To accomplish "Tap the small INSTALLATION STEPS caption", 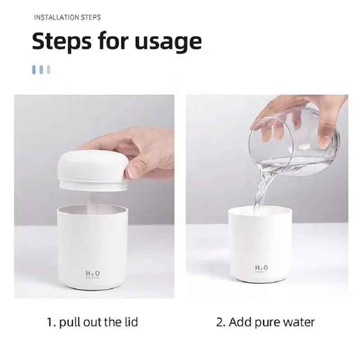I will click(x=67, y=18).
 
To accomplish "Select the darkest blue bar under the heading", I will click(x=34, y=69).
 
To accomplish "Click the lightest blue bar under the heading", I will click(x=49, y=69).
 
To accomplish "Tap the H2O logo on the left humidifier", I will click(x=92, y=273).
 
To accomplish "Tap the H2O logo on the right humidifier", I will click(x=261, y=268).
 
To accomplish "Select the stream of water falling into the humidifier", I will click(x=263, y=189).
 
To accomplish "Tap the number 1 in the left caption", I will click(x=50, y=322).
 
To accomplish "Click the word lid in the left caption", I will click(x=129, y=322).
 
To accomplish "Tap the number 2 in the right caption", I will click(x=220, y=322).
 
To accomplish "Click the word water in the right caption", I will click(x=299, y=322).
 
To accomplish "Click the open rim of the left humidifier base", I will click(x=92, y=210).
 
